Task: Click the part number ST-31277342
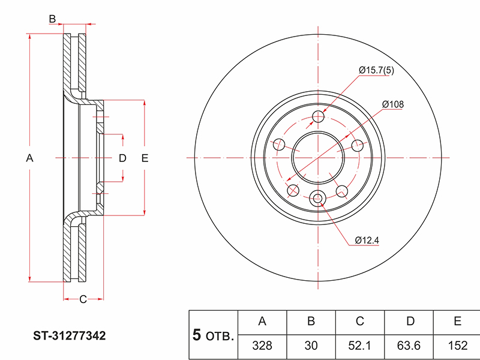pos(70,336)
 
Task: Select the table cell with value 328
pos(262,346)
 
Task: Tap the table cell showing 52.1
pos(359,346)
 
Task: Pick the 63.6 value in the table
pos(409,346)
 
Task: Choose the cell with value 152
pos(458,346)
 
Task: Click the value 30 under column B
pos(311,346)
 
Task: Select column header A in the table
pos(262,321)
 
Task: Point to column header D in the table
pos(410,321)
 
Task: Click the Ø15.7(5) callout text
pos(376,70)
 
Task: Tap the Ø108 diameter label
pos(393,104)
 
